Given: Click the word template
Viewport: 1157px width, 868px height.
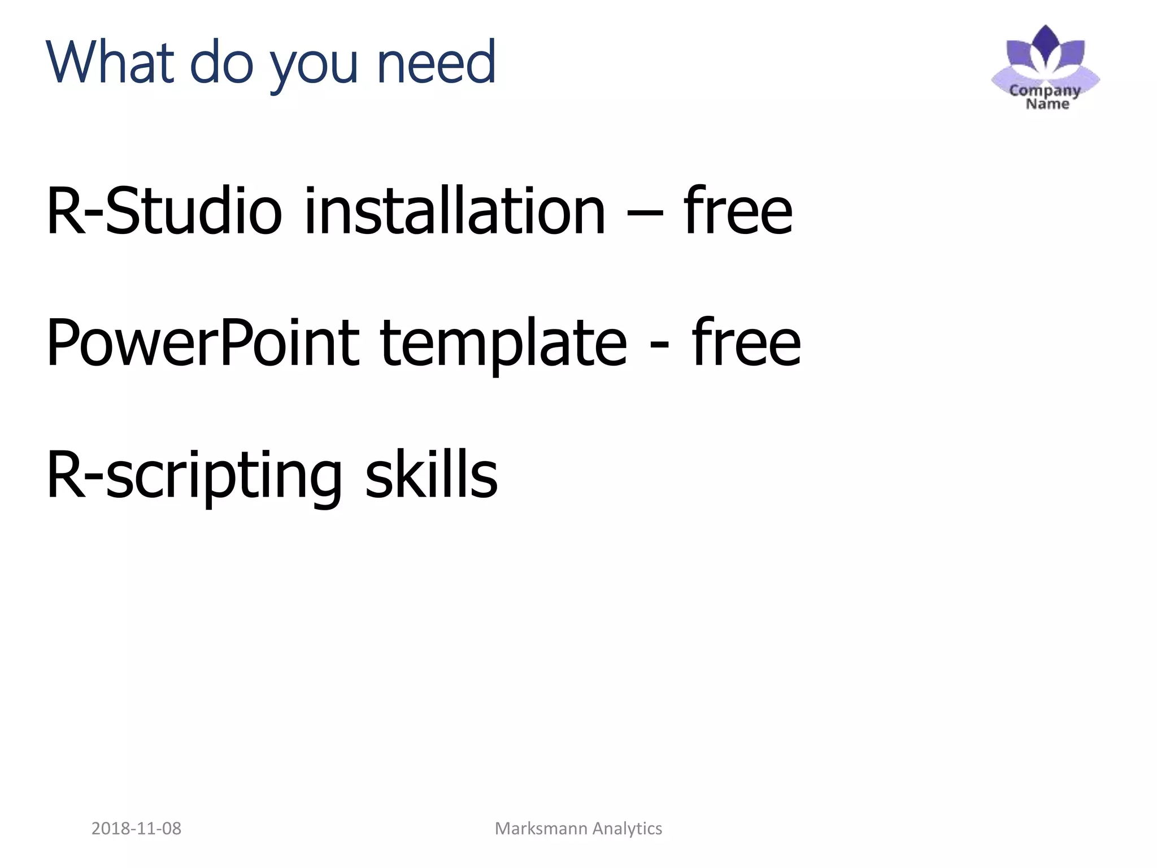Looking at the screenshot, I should [x=503, y=345].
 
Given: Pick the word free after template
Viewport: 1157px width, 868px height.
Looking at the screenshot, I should [x=746, y=341].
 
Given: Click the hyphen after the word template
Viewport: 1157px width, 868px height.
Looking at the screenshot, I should [x=659, y=345].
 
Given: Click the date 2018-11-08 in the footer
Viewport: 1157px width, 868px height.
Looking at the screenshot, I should [x=136, y=828].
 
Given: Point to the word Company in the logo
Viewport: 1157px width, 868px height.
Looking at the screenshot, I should [x=1045, y=90].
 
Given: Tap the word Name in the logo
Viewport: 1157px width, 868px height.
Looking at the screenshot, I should [x=1047, y=103].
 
